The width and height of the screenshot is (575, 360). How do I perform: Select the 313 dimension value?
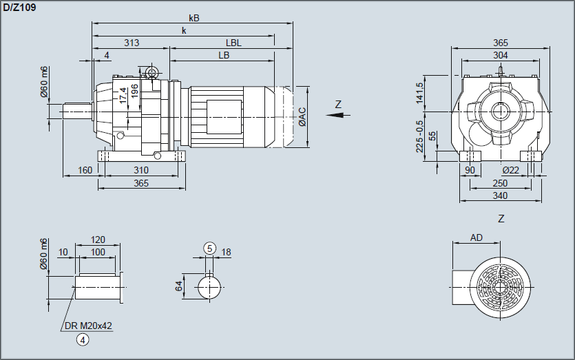point(132,43)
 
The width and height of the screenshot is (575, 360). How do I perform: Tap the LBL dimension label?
point(233,43)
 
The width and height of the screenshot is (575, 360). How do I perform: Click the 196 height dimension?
point(135,89)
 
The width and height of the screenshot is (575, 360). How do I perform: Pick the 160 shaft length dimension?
point(85,169)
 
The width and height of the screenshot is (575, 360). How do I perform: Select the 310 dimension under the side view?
point(141,169)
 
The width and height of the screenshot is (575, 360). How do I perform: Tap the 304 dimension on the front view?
point(501,55)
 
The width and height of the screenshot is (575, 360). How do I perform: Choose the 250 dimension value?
point(501,183)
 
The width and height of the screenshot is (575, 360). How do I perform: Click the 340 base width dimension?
point(501,196)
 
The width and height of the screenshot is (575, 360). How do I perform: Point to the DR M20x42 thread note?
point(89,325)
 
